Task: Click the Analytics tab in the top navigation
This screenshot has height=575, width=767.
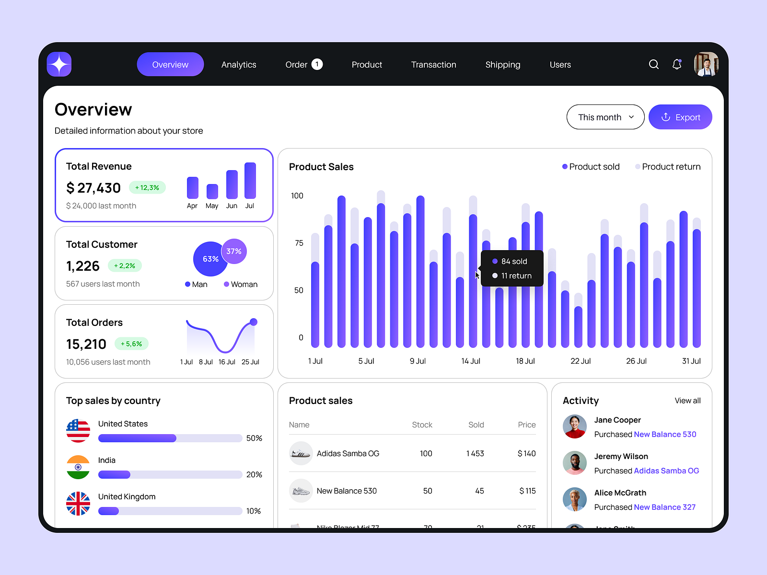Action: tap(239, 65)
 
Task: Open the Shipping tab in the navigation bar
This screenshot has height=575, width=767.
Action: tap(502, 65)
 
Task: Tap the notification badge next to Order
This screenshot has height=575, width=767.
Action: tap(317, 64)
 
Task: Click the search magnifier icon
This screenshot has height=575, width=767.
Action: tap(653, 64)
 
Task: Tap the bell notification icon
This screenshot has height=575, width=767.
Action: tap(677, 64)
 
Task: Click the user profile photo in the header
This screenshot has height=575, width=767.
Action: tap(706, 64)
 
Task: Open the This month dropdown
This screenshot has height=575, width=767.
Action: tap(605, 117)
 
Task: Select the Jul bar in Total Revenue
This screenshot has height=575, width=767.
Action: tap(250, 181)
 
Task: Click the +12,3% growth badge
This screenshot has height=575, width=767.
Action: tap(147, 187)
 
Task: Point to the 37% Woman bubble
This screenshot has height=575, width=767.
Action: tap(234, 251)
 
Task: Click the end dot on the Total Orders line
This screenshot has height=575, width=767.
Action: tap(254, 322)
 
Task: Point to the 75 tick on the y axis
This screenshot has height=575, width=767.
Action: tap(299, 243)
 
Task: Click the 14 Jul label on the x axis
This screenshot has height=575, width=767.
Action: tap(471, 361)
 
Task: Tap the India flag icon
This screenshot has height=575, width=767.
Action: tap(78, 467)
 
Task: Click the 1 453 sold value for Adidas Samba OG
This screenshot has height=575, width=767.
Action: tap(475, 453)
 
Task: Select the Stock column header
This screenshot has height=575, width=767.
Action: tap(422, 425)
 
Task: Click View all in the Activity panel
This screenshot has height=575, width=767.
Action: tap(687, 401)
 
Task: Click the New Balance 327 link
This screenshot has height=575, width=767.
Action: tap(664, 507)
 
